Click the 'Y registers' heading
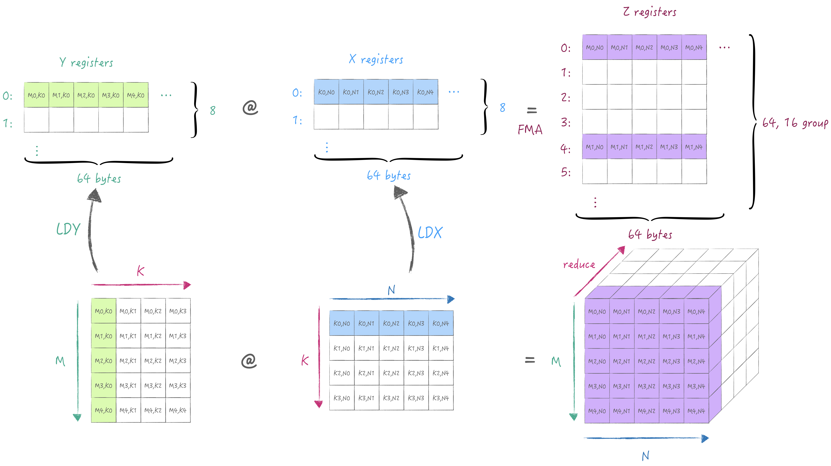tap(86, 62)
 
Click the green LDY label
tap(68, 229)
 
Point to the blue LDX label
tap(430, 233)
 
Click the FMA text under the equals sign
tap(530, 130)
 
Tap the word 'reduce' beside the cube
tap(579, 265)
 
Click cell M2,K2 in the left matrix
tap(153, 361)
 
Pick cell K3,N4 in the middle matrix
tap(441, 398)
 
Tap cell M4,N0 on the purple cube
tap(597, 411)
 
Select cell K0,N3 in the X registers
tap(401, 92)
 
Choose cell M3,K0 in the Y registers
tap(111, 95)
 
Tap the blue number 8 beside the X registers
tap(502, 108)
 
